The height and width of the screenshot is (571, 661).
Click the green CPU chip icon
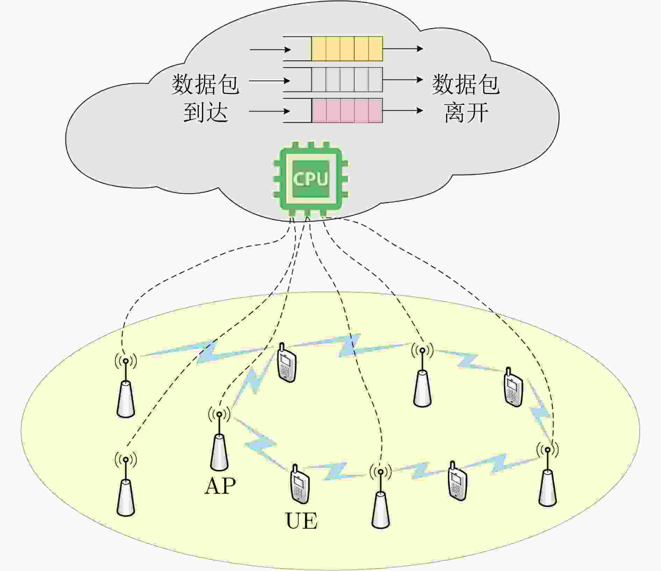pos(311,179)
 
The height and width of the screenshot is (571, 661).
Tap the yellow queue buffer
pos(347,49)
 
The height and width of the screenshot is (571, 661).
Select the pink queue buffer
pos(347,110)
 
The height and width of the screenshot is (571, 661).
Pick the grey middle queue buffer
pos(347,80)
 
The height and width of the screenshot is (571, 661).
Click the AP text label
pos(220,486)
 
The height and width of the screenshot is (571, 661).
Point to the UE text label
pos(301,521)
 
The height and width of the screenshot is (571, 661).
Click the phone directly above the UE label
pos(300,484)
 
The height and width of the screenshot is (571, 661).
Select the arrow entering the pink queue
pos(270,112)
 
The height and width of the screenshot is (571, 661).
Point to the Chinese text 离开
pos(466,113)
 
